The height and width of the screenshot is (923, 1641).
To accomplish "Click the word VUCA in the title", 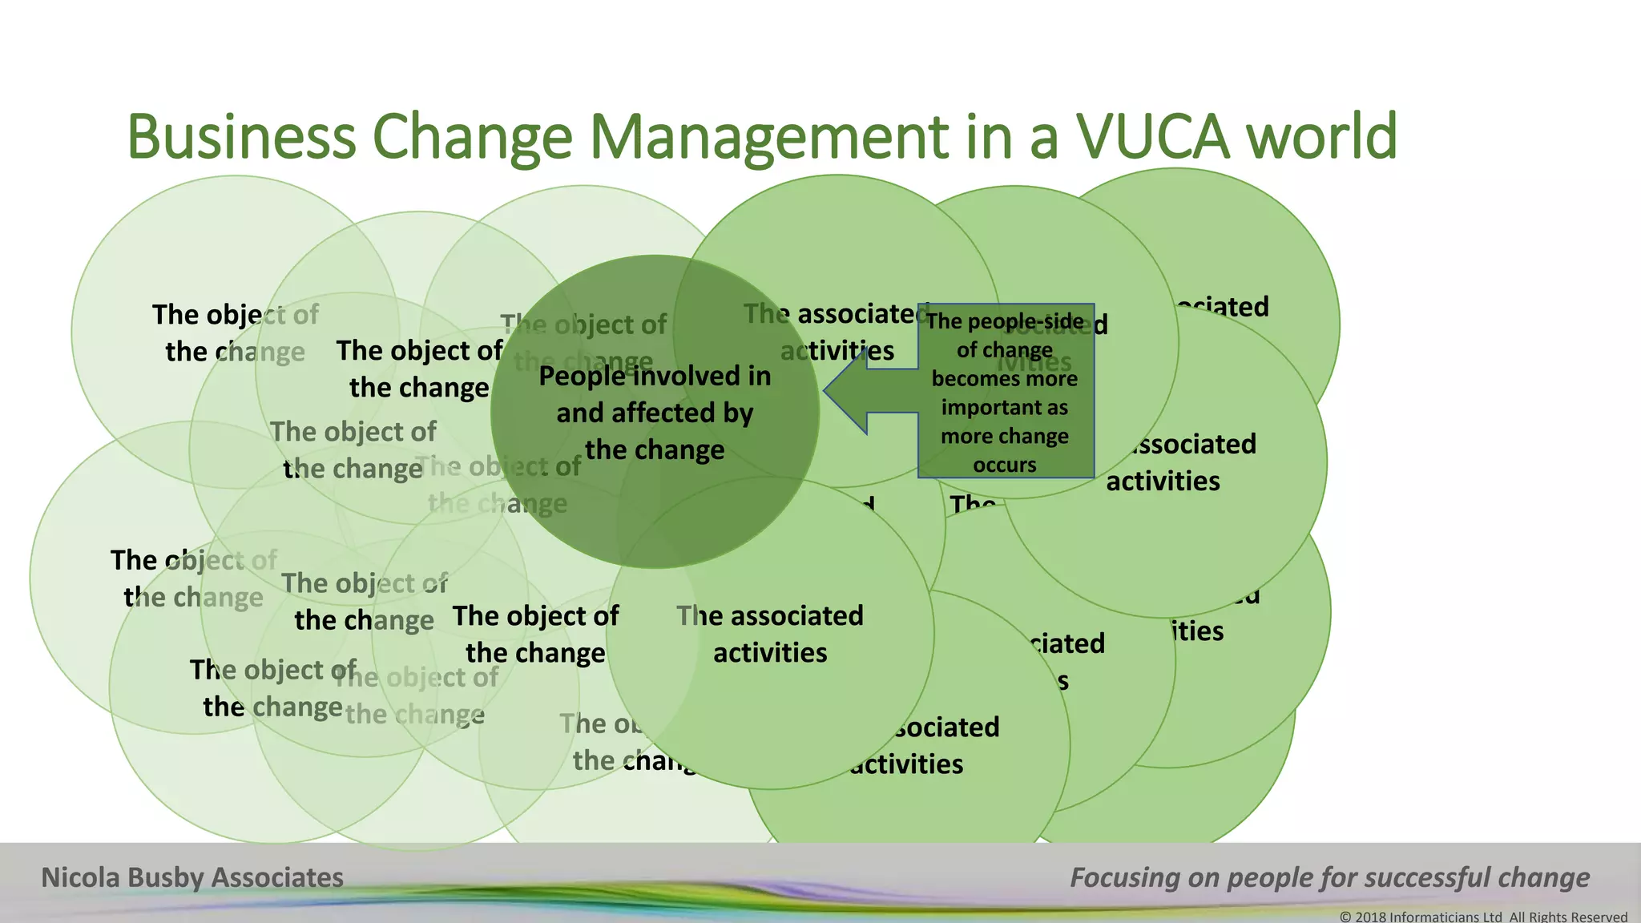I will click(1151, 137).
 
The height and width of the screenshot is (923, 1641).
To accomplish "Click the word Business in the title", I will click(240, 137).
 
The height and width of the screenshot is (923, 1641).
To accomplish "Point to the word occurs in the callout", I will click(1004, 466).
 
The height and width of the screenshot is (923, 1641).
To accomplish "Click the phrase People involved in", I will click(655, 376).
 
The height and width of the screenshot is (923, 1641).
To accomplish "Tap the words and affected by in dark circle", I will click(655, 413).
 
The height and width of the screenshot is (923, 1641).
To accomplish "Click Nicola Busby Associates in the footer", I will click(192, 878).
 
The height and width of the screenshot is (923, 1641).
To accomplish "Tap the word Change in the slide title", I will click(473, 137).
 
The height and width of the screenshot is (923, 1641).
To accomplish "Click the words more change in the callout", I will click(1004, 437).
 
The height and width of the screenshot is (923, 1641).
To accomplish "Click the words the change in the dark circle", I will click(655, 450).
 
